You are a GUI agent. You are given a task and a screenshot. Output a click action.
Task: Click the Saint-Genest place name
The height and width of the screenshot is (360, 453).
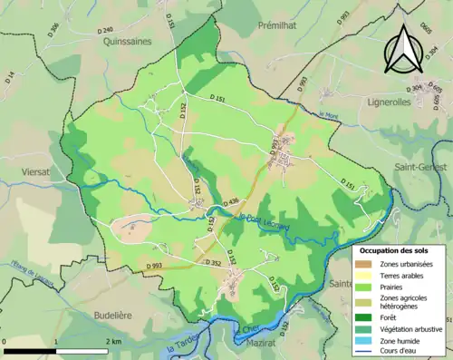click(422, 154)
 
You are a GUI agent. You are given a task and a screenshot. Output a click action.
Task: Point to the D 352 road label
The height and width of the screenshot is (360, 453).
click(213, 263)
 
